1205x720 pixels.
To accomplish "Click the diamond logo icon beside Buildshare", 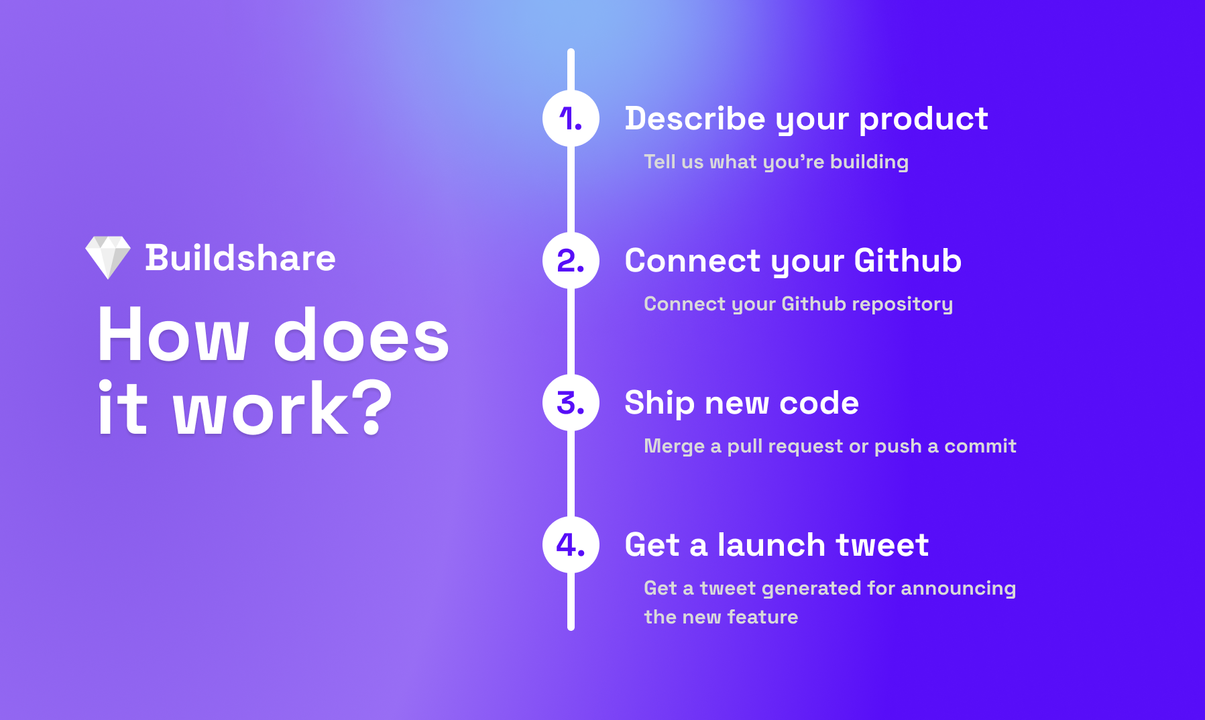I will (x=108, y=257).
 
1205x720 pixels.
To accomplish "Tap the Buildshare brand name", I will (x=240, y=258).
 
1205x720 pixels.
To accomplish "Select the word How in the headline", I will (x=174, y=335).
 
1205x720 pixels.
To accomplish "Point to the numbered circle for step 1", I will (x=571, y=119).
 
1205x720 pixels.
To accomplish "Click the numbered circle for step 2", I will (x=571, y=261).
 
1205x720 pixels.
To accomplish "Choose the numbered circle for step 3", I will (x=571, y=403).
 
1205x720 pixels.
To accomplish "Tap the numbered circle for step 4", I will (x=571, y=545).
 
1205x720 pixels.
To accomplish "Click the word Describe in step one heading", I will (x=695, y=119).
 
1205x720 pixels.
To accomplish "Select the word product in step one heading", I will (x=923, y=120).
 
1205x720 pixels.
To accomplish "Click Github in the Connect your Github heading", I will (x=908, y=261).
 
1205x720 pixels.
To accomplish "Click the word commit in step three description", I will (x=980, y=446).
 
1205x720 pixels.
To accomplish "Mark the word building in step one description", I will (x=869, y=162).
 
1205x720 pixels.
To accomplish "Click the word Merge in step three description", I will (x=674, y=446).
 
